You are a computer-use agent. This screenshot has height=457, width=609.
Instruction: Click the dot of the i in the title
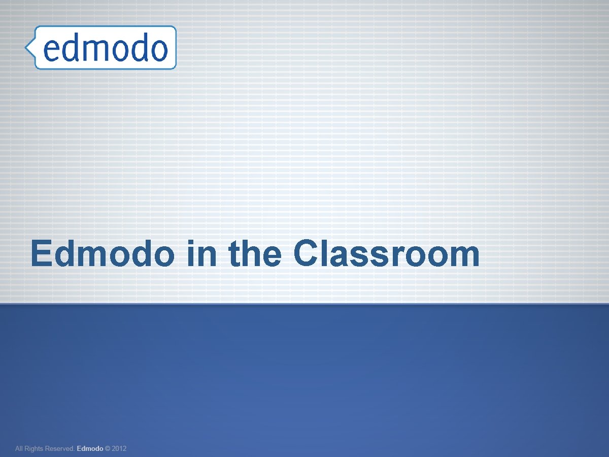point(190,242)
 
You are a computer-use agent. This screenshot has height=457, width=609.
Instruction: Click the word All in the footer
point(20,449)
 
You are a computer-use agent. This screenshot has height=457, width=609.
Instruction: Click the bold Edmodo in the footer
point(89,449)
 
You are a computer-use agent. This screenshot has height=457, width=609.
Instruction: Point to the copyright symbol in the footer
point(107,449)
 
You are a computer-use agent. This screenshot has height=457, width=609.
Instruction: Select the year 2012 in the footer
point(119,449)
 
